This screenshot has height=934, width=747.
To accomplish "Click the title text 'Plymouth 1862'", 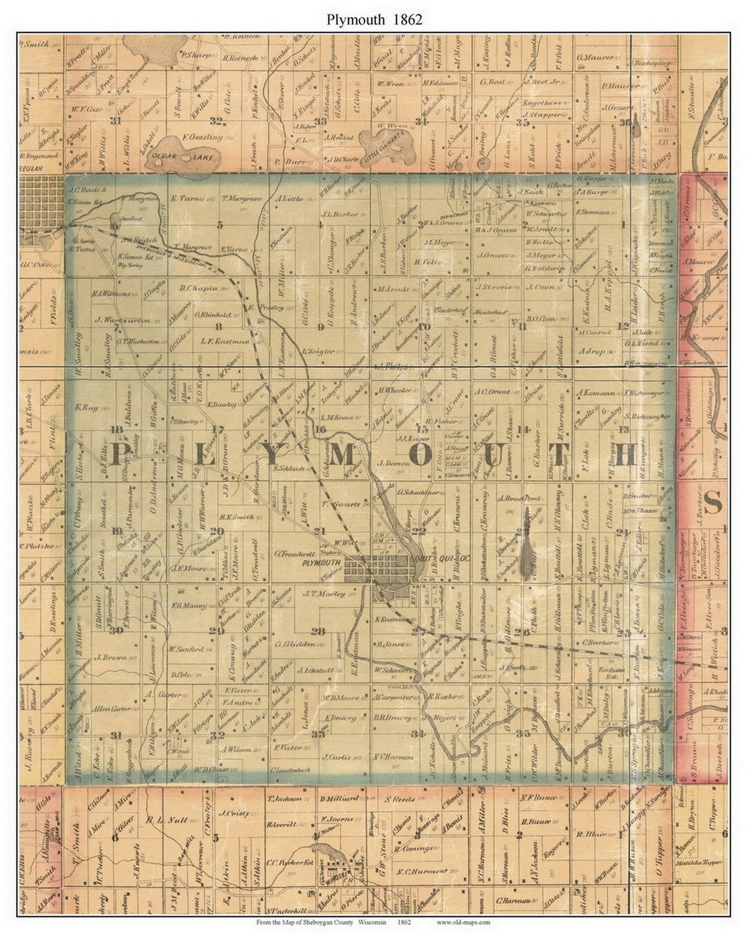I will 373,19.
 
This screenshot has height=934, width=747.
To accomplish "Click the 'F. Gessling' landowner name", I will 202,137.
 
